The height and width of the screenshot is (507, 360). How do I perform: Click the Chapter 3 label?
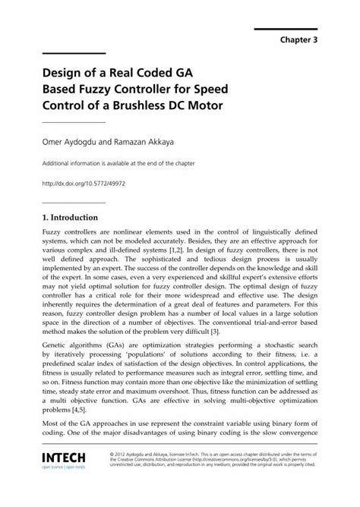click(x=299, y=40)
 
